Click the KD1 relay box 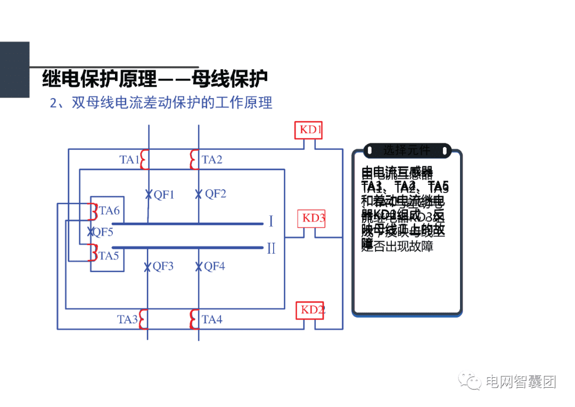pyautogui.click(x=309, y=130)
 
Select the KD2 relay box pyautogui.click(x=310, y=310)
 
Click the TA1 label pyautogui.click(x=129, y=159)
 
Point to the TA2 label pyautogui.click(x=212, y=159)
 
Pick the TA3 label pyautogui.click(x=128, y=320)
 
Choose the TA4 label pyautogui.click(x=212, y=320)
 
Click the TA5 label pyautogui.click(x=109, y=256)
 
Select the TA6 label pyautogui.click(x=110, y=211)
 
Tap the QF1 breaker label pyautogui.click(x=164, y=194)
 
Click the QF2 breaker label pyautogui.click(x=216, y=194)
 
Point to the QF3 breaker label pyautogui.click(x=163, y=266)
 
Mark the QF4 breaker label pyautogui.click(x=215, y=266)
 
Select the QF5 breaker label pyautogui.click(x=103, y=232)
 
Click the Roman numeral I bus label pyautogui.click(x=271, y=221)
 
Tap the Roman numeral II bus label pyautogui.click(x=272, y=248)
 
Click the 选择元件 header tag pyautogui.click(x=407, y=151)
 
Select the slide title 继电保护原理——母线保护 pyautogui.click(x=154, y=79)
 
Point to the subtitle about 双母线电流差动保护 pyautogui.click(x=161, y=103)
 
